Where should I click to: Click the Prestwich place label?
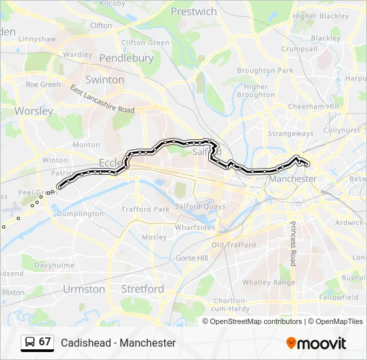194,11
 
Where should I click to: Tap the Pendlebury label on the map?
126,58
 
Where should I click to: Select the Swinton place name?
105,79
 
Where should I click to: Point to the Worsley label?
33,111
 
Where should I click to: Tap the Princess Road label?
292,243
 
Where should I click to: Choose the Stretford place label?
142,289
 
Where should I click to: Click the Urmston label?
84,289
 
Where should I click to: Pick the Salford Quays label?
198,207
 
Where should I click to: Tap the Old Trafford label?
234,245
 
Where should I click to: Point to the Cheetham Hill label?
313,107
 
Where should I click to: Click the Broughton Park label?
265,71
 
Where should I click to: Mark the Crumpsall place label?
299,49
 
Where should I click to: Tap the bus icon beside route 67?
29,342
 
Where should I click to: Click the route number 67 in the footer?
45,342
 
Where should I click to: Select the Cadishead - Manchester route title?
118,343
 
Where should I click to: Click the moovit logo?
316,343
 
